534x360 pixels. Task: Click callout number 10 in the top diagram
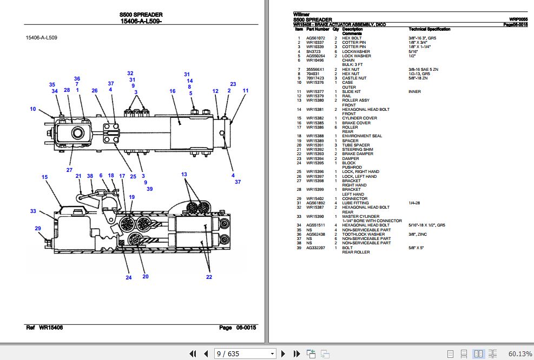33,109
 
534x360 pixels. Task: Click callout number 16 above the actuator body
173,91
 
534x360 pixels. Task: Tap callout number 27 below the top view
69,170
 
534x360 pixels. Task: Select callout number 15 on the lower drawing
45,177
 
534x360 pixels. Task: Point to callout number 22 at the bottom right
209,277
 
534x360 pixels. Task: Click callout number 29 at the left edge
38,229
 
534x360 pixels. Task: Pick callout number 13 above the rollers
184,174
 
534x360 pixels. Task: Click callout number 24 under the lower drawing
129,278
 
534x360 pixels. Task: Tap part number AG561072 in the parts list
315,38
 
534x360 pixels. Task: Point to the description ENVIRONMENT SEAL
362,136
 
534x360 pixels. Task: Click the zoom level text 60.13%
520,354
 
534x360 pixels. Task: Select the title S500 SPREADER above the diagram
141,15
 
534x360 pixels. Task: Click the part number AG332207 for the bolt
315,248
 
